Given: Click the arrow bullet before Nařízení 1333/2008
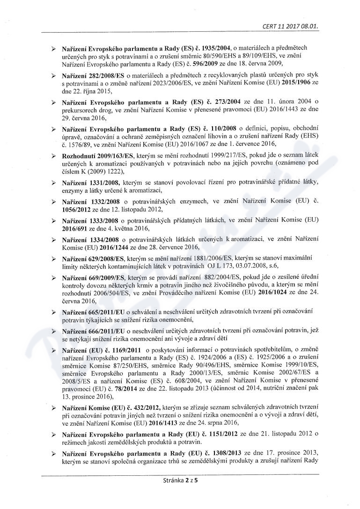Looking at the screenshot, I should [54, 220].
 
